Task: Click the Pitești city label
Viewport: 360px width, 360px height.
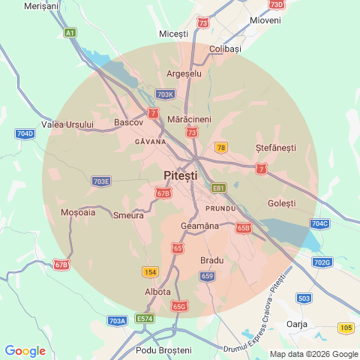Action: click(180, 175)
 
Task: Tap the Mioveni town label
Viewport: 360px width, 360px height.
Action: click(265, 20)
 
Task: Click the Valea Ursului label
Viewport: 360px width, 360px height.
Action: click(68, 124)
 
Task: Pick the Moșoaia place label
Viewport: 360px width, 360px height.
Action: click(78, 212)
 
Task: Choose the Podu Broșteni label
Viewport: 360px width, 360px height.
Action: click(163, 350)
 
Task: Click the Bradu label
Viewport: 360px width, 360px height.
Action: click(212, 260)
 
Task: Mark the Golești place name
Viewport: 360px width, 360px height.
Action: click(281, 203)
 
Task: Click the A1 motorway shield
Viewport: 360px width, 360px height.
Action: click(70, 33)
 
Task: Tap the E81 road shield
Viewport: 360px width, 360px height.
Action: click(218, 187)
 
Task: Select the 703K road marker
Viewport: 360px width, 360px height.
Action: click(166, 94)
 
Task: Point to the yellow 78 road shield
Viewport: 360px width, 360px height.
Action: click(220, 148)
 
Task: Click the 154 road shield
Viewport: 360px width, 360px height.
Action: click(150, 271)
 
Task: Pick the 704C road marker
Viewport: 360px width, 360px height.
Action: click(319, 223)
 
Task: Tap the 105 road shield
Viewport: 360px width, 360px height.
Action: click(346, 328)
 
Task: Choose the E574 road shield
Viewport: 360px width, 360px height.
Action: click(145, 319)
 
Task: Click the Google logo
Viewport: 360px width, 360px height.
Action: click(25, 351)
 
